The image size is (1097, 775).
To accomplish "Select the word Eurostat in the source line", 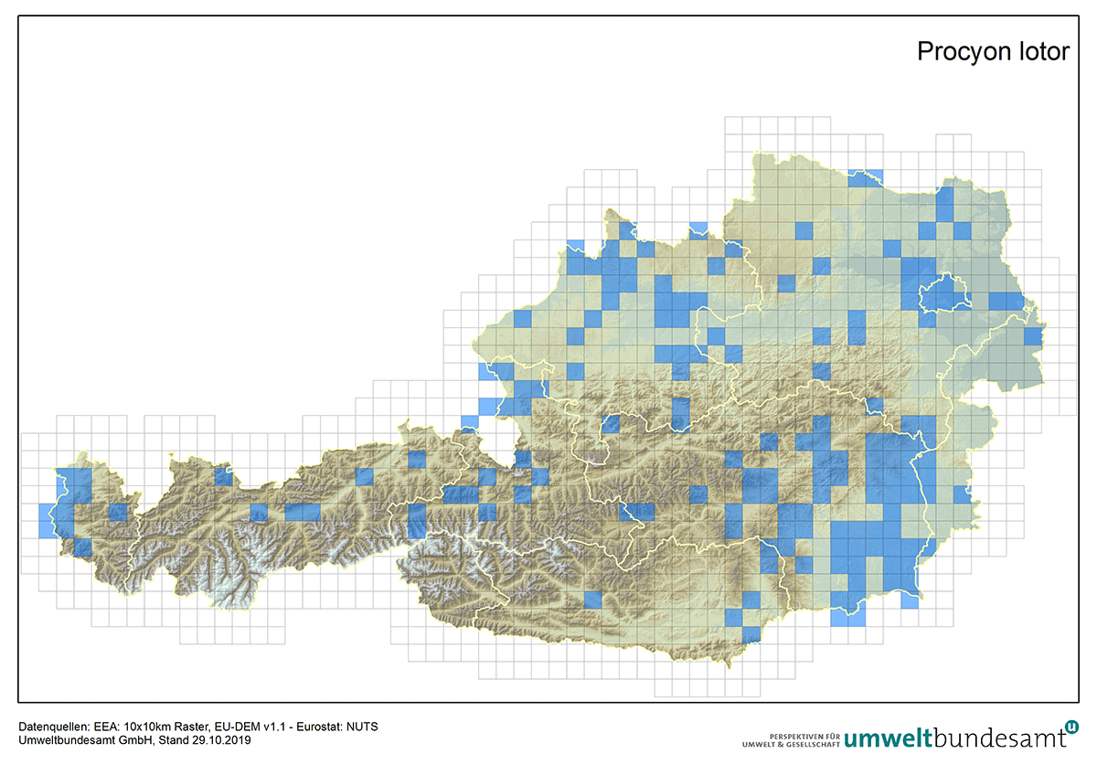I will [x=325, y=727].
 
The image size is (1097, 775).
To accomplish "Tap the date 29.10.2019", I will [x=212, y=740].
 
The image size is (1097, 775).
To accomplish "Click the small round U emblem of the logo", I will [x=1072, y=726].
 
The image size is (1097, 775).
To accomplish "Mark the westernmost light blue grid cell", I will [x=48, y=521].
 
